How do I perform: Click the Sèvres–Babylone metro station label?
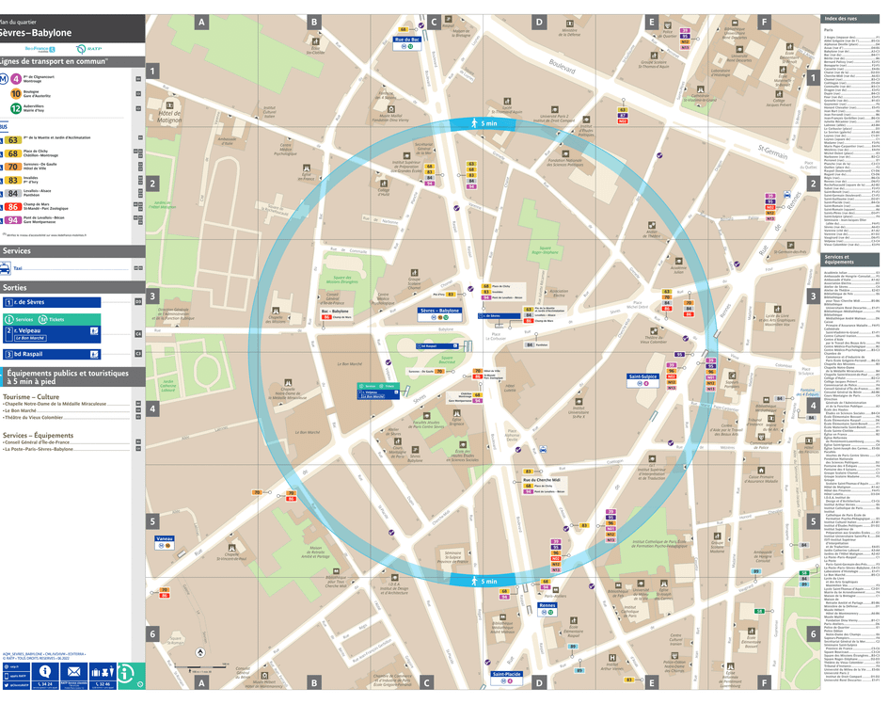click(439, 310)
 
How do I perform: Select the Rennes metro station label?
click(547, 606)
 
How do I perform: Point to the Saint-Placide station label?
click(507, 674)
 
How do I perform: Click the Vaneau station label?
click(166, 539)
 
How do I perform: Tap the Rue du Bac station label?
click(406, 40)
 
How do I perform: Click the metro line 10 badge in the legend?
click(16, 94)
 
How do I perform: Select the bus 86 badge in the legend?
click(13, 206)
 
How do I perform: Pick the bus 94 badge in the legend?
click(13, 219)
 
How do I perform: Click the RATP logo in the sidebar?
click(83, 49)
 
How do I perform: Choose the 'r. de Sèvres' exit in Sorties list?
click(52, 302)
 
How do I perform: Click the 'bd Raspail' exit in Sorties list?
click(52, 354)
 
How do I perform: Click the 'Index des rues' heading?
click(840, 19)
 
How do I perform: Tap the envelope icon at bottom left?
click(73, 671)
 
